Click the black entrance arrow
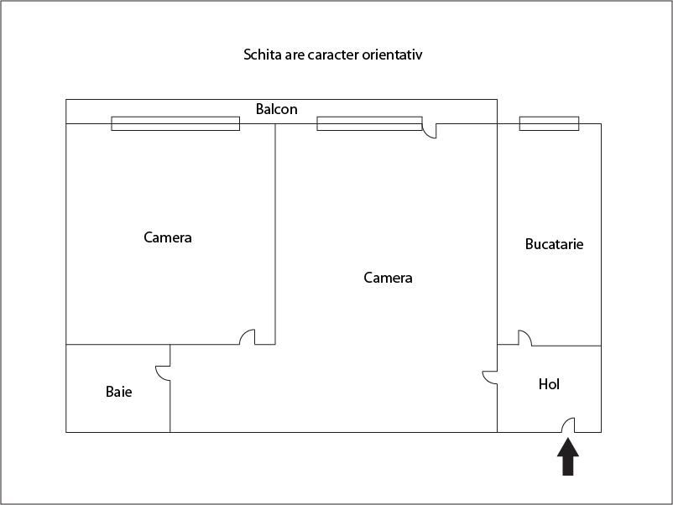pyautogui.click(x=568, y=456)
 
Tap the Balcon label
pyautogui.click(x=276, y=109)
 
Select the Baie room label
pyautogui.click(x=118, y=391)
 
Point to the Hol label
pyautogui.click(x=549, y=383)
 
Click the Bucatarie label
pyautogui.click(x=554, y=244)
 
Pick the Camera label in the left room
pyautogui.click(x=167, y=237)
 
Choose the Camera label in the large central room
pyautogui.click(x=388, y=278)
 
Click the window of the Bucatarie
pyautogui.click(x=549, y=123)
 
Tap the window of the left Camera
pyautogui.click(x=175, y=123)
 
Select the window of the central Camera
pyautogui.click(x=369, y=123)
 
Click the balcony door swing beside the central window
pyautogui.click(x=427, y=133)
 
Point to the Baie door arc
pyautogui.click(x=159, y=377)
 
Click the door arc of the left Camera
pyautogui.click(x=243, y=334)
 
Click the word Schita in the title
pyautogui.click(x=263, y=55)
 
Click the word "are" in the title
pyautogui.click(x=295, y=55)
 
